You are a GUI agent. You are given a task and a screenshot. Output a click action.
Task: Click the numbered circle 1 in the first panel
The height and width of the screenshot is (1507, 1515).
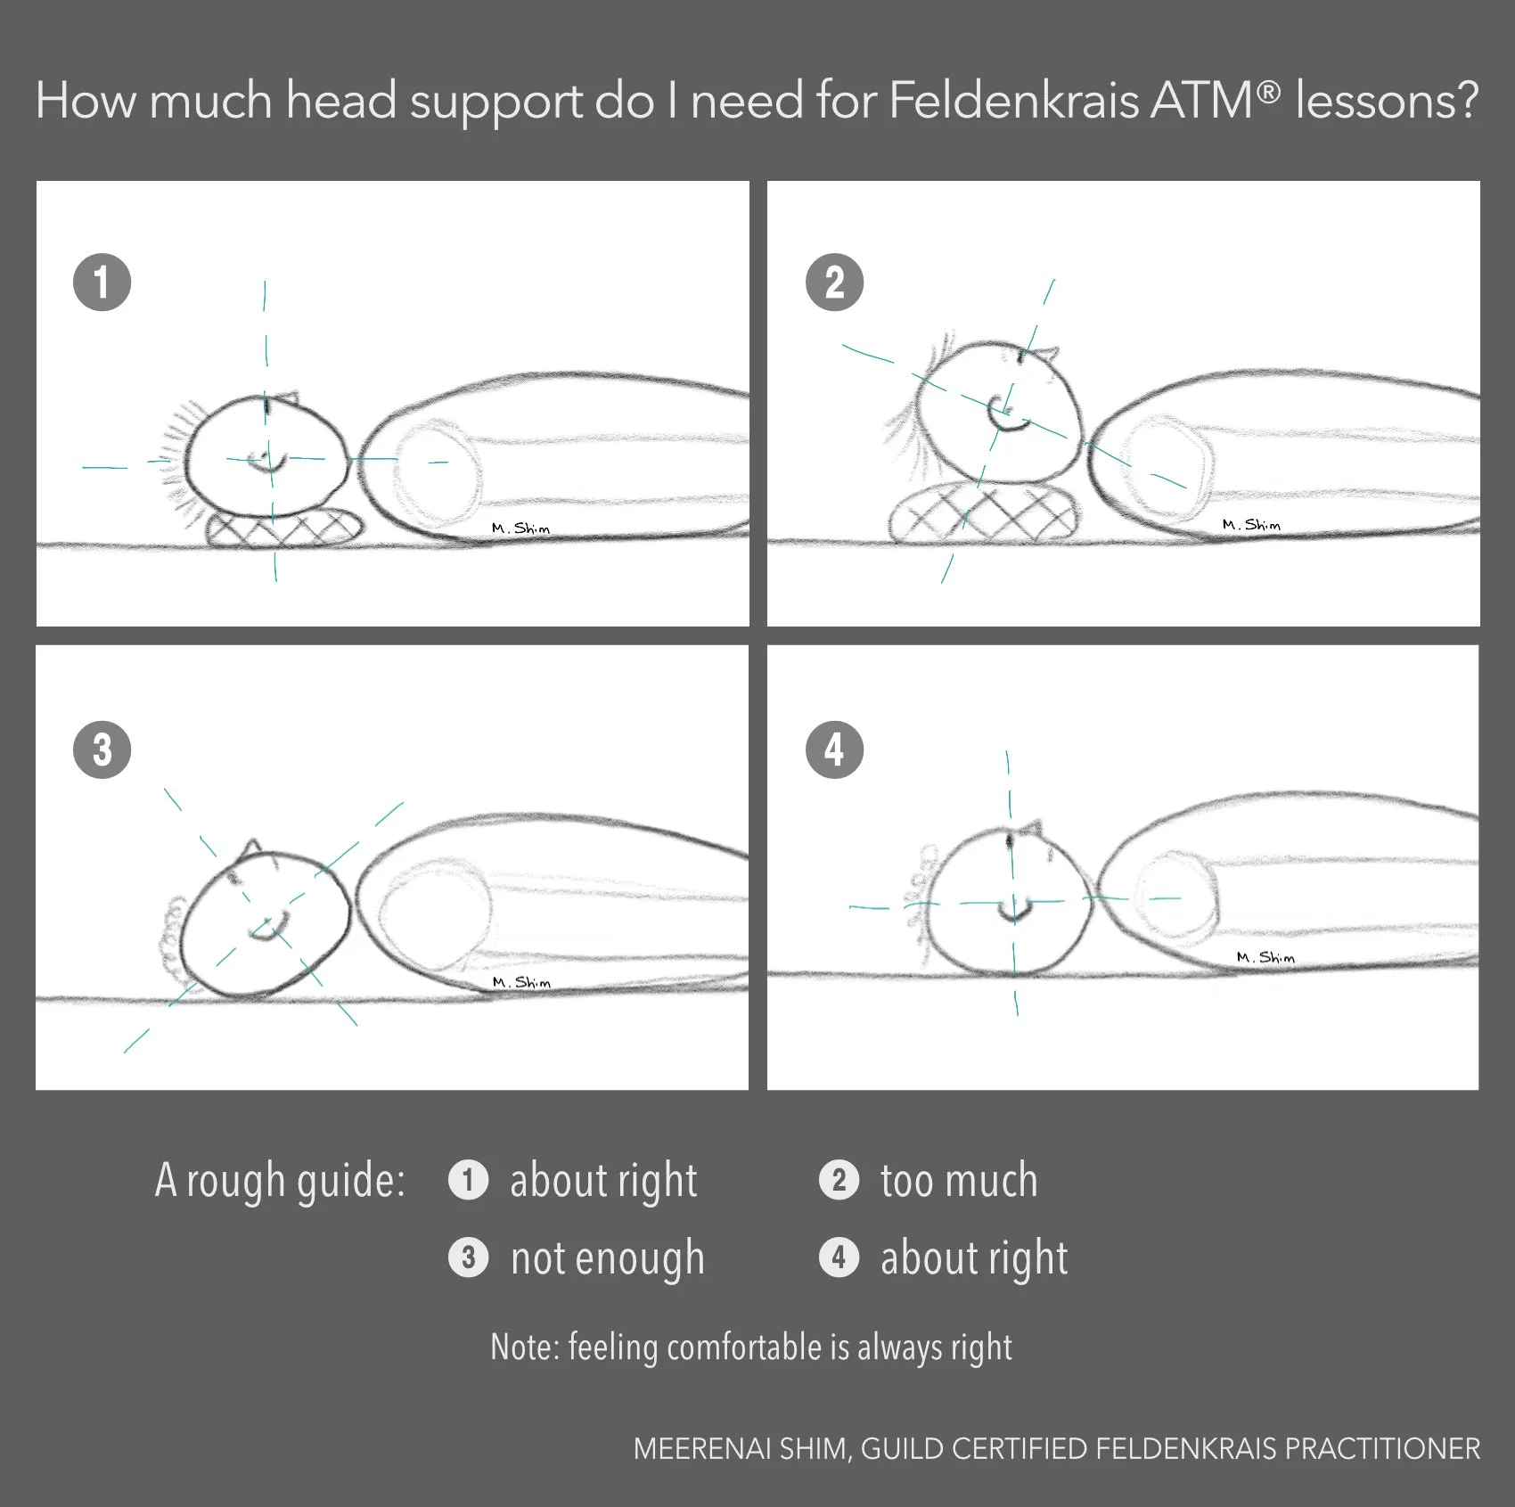[x=102, y=283]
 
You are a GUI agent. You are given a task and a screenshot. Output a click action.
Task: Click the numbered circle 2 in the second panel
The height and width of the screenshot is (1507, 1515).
[x=834, y=283]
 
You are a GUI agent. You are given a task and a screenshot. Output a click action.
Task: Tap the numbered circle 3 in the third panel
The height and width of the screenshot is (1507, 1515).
[x=102, y=749]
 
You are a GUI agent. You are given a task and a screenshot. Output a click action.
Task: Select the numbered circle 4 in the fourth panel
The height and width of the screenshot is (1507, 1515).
[x=834, y=749]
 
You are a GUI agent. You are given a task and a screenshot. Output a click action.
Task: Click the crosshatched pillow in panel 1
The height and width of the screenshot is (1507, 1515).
[x=285, y=528]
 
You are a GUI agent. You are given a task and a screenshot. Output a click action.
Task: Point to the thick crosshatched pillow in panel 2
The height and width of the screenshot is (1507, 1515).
[x=985, y=514]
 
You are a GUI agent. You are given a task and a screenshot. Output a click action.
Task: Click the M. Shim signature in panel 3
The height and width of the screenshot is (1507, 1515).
[x=521, y=981]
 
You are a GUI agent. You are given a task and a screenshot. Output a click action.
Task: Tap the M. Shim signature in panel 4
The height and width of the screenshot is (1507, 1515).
[x=1265, y=957]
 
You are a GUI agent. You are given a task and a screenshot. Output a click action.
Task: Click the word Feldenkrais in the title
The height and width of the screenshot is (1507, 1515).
[x=1014, y=100]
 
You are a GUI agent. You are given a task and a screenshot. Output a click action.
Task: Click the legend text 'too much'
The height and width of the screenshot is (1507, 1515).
[x=959, y=1181]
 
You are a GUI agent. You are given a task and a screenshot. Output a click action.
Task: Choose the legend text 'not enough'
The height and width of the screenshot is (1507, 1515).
[x=608, y=1258]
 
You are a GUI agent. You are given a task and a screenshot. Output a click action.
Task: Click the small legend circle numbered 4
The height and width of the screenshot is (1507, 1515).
[x=839, y=1257]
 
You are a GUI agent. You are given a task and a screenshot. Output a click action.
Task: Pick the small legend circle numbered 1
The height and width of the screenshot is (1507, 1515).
[x=468, y=1181]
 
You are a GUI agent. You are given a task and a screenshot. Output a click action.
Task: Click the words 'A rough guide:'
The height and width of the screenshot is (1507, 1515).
[x=280, y=1181]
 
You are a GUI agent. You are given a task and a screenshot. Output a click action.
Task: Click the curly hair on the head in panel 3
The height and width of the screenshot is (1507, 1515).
[x=172, y=927]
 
